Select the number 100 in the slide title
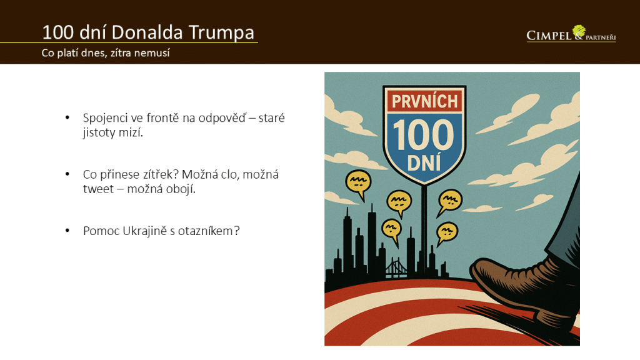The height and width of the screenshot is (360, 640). tap(58, 32)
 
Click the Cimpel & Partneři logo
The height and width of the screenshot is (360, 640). tap(571, 34)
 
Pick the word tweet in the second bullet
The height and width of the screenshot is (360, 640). tap(98, 189)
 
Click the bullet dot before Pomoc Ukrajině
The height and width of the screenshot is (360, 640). tap(67, 231)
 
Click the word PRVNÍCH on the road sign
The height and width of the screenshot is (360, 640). tap(424, 101)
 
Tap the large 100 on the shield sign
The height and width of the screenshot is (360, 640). tap(423, 135)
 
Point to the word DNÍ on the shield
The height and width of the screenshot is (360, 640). tap(424, 162)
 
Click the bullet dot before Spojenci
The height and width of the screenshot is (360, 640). tap(67, 118)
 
